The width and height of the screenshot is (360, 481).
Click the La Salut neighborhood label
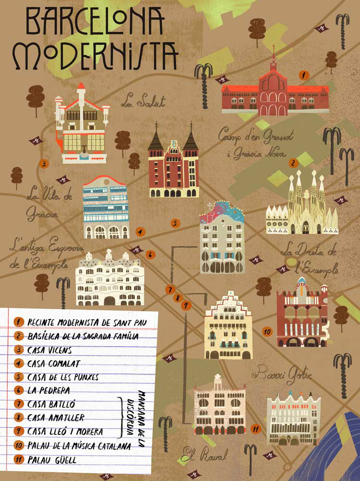(143, 101)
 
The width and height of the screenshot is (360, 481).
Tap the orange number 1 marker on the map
(303, 75)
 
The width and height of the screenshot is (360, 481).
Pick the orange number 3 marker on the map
(44, 164)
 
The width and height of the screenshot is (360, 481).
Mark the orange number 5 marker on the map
(175, 223)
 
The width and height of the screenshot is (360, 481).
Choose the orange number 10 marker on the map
(267, 331)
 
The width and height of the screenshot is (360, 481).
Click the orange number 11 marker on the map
(256, 429)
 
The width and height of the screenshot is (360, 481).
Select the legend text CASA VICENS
(50, 350)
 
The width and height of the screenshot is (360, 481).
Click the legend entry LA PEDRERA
(49, 391)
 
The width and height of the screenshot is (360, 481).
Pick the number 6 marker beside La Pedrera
(150, 254)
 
